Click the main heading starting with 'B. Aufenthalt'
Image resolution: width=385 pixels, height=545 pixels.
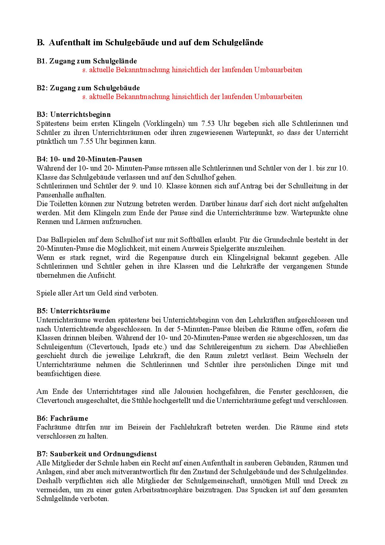pyautogui.click(x=150, y=42)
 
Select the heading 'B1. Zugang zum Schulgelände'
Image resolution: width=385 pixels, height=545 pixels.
pyautogui.click(x=87, y=61)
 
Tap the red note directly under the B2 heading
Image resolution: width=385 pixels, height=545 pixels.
pyautogui.click(x=192, y=96)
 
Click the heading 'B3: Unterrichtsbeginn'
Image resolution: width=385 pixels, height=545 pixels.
pyautogui.click(x=73, y=114)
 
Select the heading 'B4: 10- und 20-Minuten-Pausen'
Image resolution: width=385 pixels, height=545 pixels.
pyautogui.click(x=89, y=159)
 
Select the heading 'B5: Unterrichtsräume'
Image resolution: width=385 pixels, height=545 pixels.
pyautogui.click(x=73, y=311)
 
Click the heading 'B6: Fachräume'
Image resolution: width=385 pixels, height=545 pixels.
pyautogui.click(x=62, y=418)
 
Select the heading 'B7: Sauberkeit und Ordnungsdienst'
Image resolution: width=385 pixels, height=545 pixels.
pyautogui.click(x=97, y=454)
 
